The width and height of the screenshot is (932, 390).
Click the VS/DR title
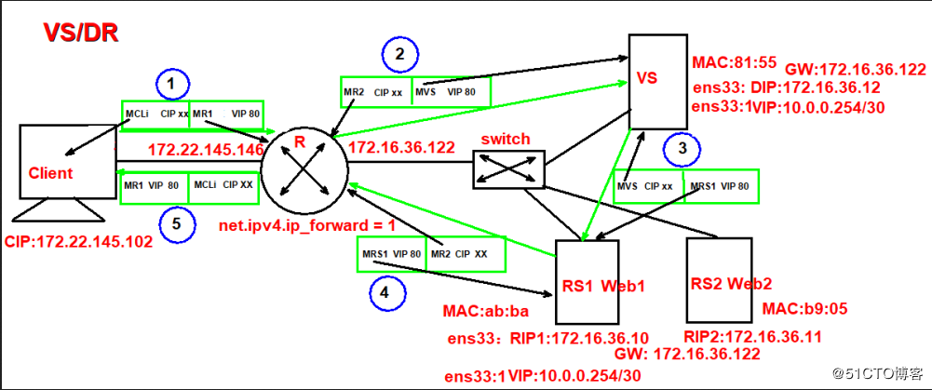coord(80,34)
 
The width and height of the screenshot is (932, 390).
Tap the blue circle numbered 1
coord(169,85)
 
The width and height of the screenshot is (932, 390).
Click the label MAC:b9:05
coord(802,308)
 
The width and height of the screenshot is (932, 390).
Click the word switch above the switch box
coord(505,139)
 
